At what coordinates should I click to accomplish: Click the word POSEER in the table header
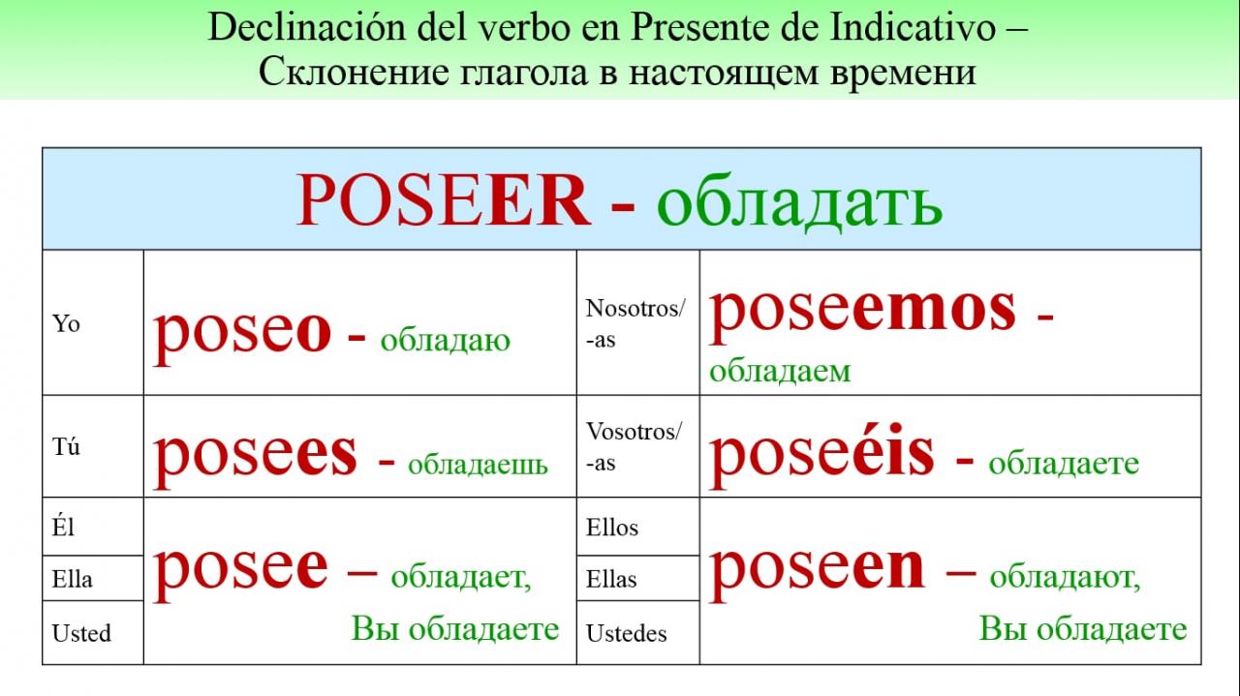[x=444, y=200]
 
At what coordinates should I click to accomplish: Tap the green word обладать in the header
[x=799, y=201]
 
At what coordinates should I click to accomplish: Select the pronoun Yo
[x=66, y=323]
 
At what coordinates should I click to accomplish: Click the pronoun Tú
[x=66, y=446]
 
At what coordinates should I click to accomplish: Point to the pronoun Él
[x=63, y=527]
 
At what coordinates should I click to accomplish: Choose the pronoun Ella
[x=72, y=579]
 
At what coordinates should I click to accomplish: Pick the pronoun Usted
[x=81, y=633]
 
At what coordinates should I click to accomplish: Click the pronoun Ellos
[x=611, y=528]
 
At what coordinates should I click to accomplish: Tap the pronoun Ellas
[x=611, y=579]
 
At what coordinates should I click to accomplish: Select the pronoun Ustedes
[x=626, y=633]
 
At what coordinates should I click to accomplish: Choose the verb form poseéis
[x=822, y=455]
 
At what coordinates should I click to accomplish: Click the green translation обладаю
[x=445, y=341]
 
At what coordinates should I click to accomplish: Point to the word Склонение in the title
[x=354, y=72]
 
